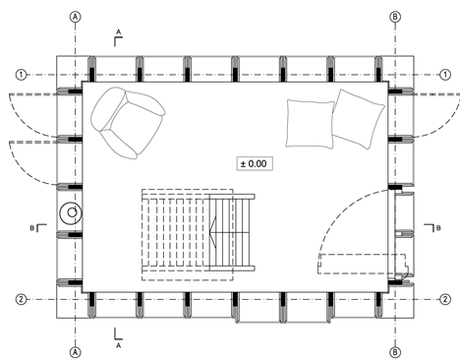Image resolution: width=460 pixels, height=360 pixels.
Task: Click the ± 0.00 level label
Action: [x=255, y=163]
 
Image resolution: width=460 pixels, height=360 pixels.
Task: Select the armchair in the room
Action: [x=128, y=123]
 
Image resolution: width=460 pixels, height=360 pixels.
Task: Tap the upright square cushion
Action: [x=310, y=124]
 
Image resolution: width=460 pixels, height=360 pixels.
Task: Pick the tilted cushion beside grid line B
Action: [x=358, y=119]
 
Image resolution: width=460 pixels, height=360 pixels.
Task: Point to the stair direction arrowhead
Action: [x=212, y=232]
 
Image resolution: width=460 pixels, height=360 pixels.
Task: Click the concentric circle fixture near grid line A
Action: [x=71, y=212]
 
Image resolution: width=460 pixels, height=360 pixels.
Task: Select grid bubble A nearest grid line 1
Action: [x=76, y=17]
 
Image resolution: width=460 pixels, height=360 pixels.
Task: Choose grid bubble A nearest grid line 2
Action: [x=76, y=352]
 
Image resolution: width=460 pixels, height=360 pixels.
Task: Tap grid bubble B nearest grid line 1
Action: [x=395, y=17]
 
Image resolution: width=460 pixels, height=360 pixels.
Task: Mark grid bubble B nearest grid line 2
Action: [x=395, y=352]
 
